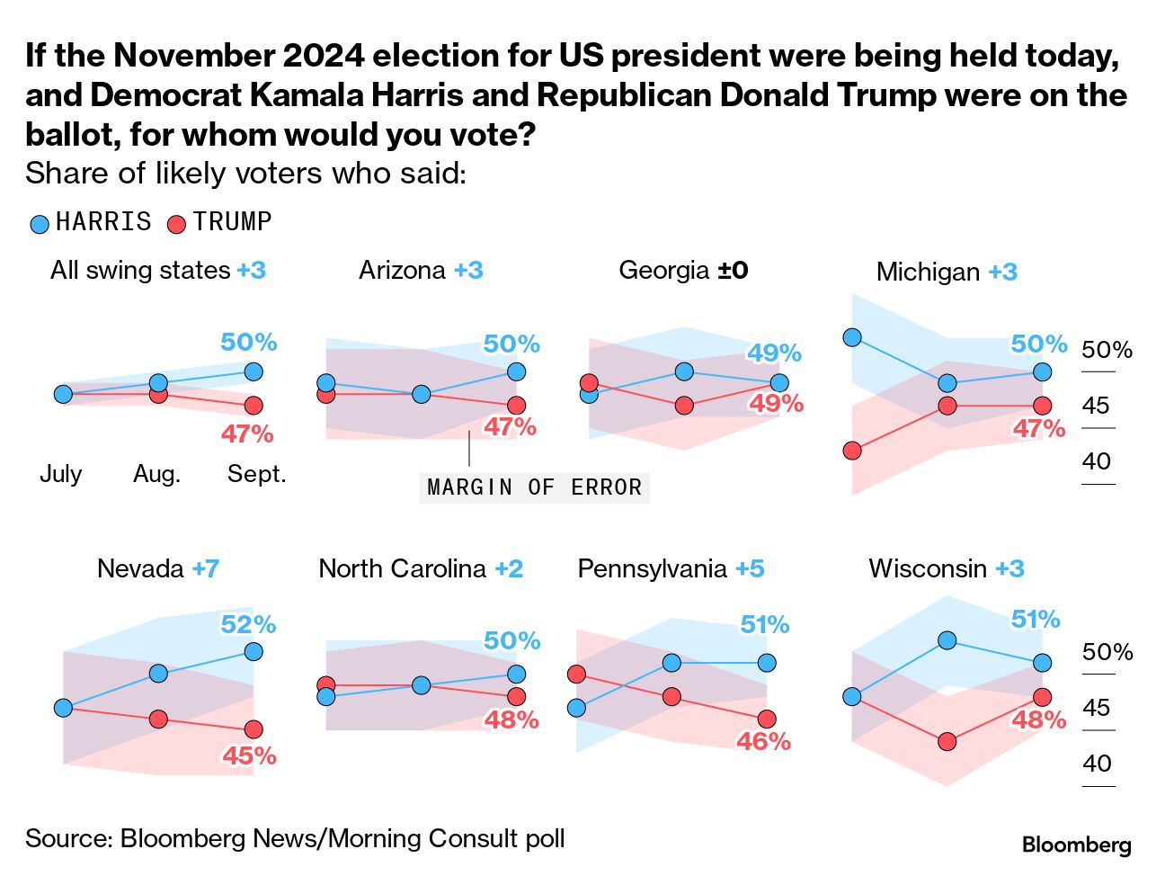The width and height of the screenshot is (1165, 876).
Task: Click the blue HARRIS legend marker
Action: pyautogui.click(x=40, y=224)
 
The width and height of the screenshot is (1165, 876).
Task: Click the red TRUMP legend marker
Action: pyautogui.click(x=177, y=224)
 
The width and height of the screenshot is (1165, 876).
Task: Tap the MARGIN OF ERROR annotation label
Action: pyautogui.click(x=535, y=487)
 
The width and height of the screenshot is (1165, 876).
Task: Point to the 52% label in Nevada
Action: pyautogui.click(x=249, y=624)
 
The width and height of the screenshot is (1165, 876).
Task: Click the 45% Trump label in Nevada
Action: pyautogui.click(x=249, y=755)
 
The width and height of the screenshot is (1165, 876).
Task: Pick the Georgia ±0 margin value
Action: pyautogui.click(x=733, y=270)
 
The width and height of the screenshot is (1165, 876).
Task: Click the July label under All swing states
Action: pyautogui.click(x=61, y=474)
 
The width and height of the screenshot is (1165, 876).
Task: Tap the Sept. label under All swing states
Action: pyautogui.click(x=256, y=474)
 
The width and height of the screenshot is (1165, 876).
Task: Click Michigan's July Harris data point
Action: pyautogui.click(x=852, y=337)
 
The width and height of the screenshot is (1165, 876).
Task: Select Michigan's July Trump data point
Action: pyautogui.click(x=852, y=451)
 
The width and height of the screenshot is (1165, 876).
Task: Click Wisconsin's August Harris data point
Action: pyautogui.click(x=947, y=640)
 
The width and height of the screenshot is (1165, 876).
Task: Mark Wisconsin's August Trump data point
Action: pyautogui.click(x=947, y=741)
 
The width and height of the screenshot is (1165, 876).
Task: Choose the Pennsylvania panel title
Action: pyautogui.click(x=653, y=568)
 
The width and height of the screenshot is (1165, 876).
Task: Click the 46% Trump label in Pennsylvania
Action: pyautogui.click(x=763, y=741)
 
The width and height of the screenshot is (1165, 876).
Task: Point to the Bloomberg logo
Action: pyautogui.click(x=1076, y=845)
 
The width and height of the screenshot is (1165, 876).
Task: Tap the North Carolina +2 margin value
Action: pyautogui.click(x=509, y=568)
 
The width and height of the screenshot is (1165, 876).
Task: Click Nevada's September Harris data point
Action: pyautogui.click(x=253, y=651)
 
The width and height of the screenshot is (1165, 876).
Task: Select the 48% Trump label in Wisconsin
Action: pyautogui.click(x=1038, y=720)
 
